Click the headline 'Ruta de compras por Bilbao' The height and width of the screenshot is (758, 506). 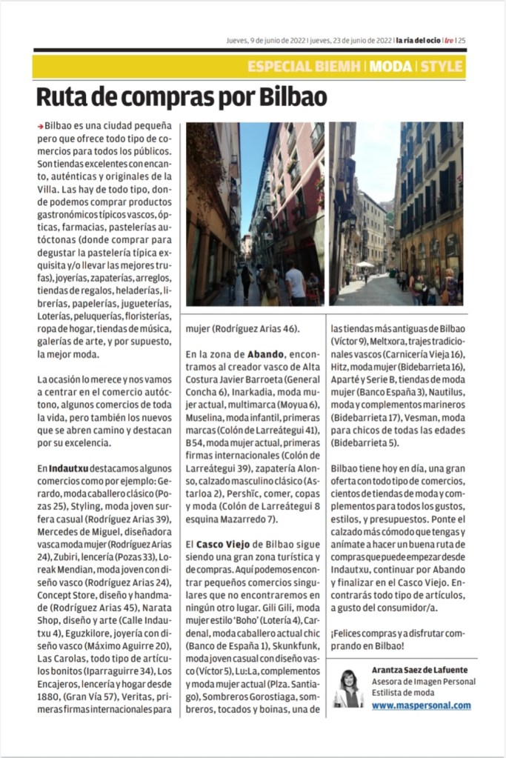tap(182, 97)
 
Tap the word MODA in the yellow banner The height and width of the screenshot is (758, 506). tap(390, 67)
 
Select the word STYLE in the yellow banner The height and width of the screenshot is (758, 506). tap(442, 67)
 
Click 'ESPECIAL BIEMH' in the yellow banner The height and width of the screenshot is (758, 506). tap(303, 67)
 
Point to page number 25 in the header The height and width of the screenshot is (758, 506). tap(462, 41)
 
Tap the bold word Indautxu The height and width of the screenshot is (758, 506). tap(69, 468)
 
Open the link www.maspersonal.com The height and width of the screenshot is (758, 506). tap(421, 705)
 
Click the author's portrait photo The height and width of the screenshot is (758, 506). tap(349, 688)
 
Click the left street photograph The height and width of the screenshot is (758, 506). tap(255, 214)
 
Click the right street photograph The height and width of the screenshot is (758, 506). tap(396, 214)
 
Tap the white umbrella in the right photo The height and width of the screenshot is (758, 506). tap(364, 264)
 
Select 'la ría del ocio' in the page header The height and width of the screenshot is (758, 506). tap(419, 41)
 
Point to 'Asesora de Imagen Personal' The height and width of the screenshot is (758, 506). tap(423, 682)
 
